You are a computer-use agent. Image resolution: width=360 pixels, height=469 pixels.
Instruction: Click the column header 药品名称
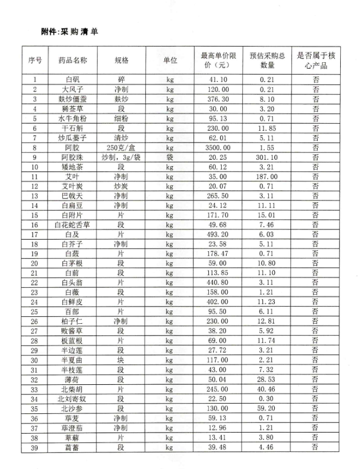click(73, 60)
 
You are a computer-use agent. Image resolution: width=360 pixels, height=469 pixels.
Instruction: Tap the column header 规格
click(122, 60)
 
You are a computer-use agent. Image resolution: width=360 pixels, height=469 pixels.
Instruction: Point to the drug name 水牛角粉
click(73, 118)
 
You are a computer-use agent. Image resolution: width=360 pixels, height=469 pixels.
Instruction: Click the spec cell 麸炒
click(122, 99)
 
